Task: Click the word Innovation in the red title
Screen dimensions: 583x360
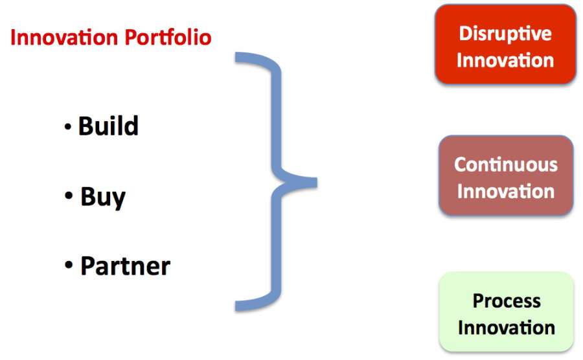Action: (64, 38)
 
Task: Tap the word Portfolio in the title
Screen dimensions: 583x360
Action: (168, 37)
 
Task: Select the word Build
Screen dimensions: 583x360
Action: (108, 126)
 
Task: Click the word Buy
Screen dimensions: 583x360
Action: (103, 197)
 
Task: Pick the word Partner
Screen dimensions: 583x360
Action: (125, 266)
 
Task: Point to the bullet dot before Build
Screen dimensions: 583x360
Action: (67, 127)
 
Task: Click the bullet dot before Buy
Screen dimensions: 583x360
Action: (69, 195)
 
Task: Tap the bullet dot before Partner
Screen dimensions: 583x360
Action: (69, 265)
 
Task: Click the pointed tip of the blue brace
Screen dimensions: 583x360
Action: (316, 183)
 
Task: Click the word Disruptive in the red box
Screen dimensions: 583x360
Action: (505, 34)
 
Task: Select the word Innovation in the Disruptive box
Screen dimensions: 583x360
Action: (505, 60)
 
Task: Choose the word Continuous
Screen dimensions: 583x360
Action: (506, 164)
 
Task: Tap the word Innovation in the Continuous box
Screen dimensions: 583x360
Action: (506, 192)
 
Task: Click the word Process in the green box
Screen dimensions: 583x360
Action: (507, 301)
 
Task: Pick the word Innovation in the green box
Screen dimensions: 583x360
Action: (507, 328)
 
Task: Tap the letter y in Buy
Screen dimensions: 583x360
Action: (118, 201)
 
